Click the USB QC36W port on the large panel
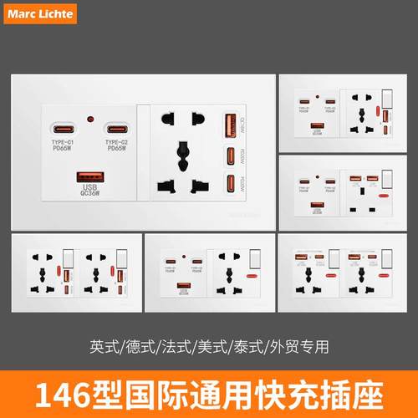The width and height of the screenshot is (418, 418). [89, 176]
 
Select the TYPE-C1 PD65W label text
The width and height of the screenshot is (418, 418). [64, 146]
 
